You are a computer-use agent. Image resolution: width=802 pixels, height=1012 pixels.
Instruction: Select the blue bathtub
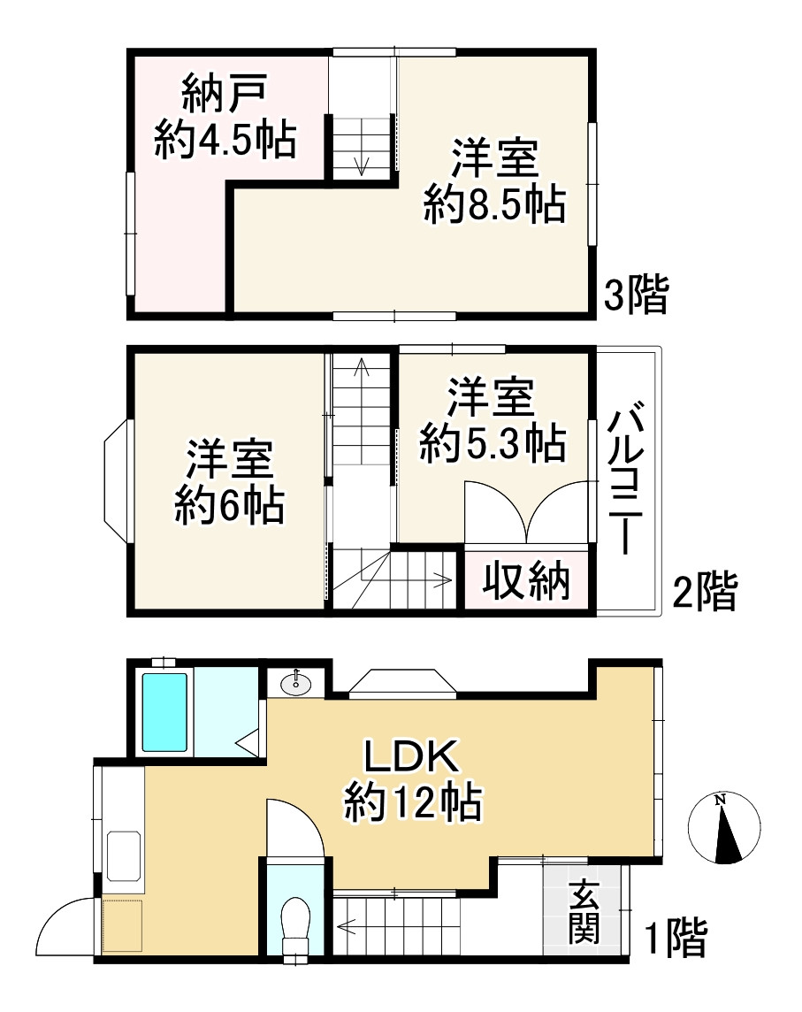point(165,713)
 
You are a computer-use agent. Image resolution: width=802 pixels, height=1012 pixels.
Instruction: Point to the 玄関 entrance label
point(584,913)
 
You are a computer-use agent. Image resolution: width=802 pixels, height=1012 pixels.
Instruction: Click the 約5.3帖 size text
point(492,444)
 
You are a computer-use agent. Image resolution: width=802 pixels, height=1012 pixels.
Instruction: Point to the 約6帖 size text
point(228,508)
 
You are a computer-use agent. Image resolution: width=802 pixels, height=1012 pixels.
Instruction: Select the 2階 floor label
point(703,591)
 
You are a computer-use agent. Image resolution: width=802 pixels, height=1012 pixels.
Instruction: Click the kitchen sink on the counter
point(124,855)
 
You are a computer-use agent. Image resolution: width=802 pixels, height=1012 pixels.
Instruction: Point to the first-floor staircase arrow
point(347,927)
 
